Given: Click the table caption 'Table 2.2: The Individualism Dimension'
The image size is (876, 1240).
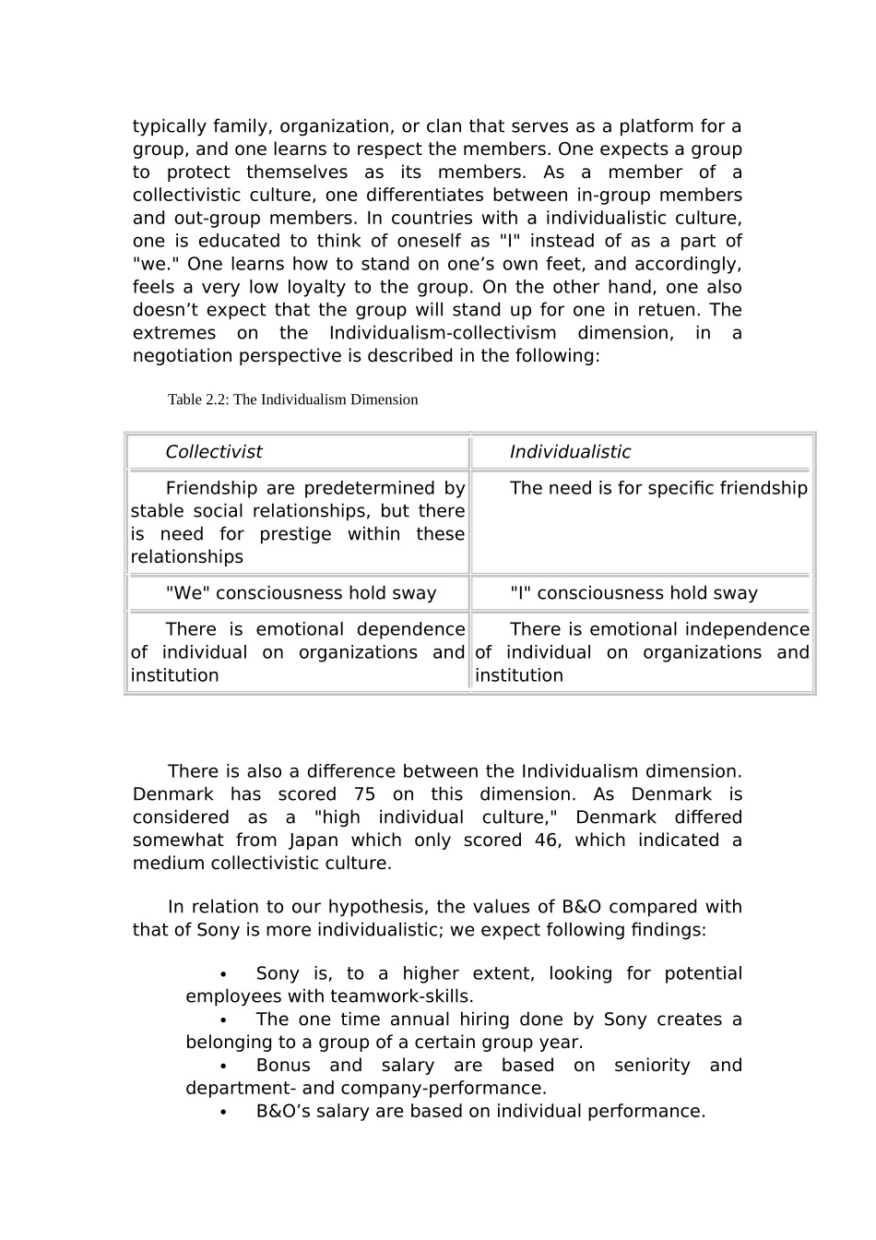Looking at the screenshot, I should coord(292,399).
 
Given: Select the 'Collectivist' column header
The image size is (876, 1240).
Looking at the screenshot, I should coord(213,452).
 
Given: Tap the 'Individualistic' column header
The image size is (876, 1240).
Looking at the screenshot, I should coord(570,452).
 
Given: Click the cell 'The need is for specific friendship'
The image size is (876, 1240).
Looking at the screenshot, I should coord(657,488).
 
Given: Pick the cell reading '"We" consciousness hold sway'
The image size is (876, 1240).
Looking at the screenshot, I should coord(301,593).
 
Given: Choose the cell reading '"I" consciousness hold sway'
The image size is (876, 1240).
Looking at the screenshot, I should coord(633,593).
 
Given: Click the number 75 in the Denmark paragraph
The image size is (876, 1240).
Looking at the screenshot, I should coord(364,794).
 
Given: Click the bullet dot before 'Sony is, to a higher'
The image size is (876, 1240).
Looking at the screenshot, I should coord(223,974).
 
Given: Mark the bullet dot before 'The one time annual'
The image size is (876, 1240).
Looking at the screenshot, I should coord(223,1020).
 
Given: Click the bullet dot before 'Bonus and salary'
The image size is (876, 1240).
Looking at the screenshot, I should coord(223,1067).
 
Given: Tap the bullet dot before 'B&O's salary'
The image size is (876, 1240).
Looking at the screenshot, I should coord(223,1112).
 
